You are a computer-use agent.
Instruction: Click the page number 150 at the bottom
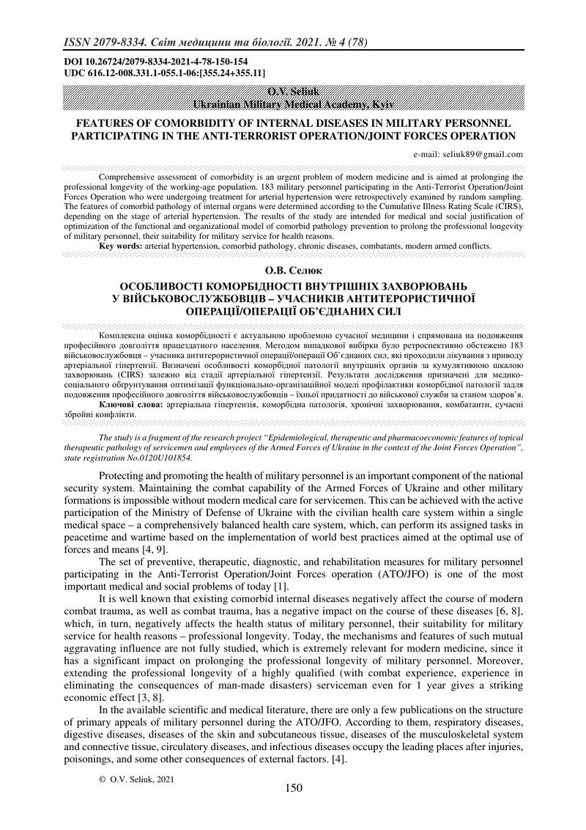pyautogui.click(x=293, y=788)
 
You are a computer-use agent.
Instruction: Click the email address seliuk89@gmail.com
pyautogui.click(x=468, y=154)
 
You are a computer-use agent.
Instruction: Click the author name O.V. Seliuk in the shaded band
pyautogui.click(x=292, y=91)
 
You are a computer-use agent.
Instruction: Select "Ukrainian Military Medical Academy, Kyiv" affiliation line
pyautogui.click(x=293, y=105)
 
